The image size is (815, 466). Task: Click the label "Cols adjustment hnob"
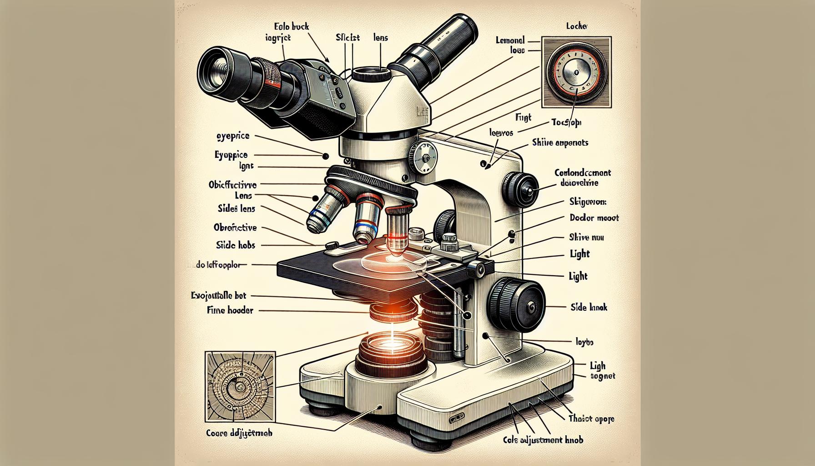click(543, 440)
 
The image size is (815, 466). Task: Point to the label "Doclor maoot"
click(594, 218)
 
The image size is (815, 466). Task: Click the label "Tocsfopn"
click(566, 122)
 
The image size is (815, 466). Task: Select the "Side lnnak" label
click(589, 308)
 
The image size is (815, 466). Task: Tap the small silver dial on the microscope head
click(423, 157)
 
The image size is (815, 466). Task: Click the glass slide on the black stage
click(380, 267)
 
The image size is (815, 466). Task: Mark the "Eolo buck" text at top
click(292, 27)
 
